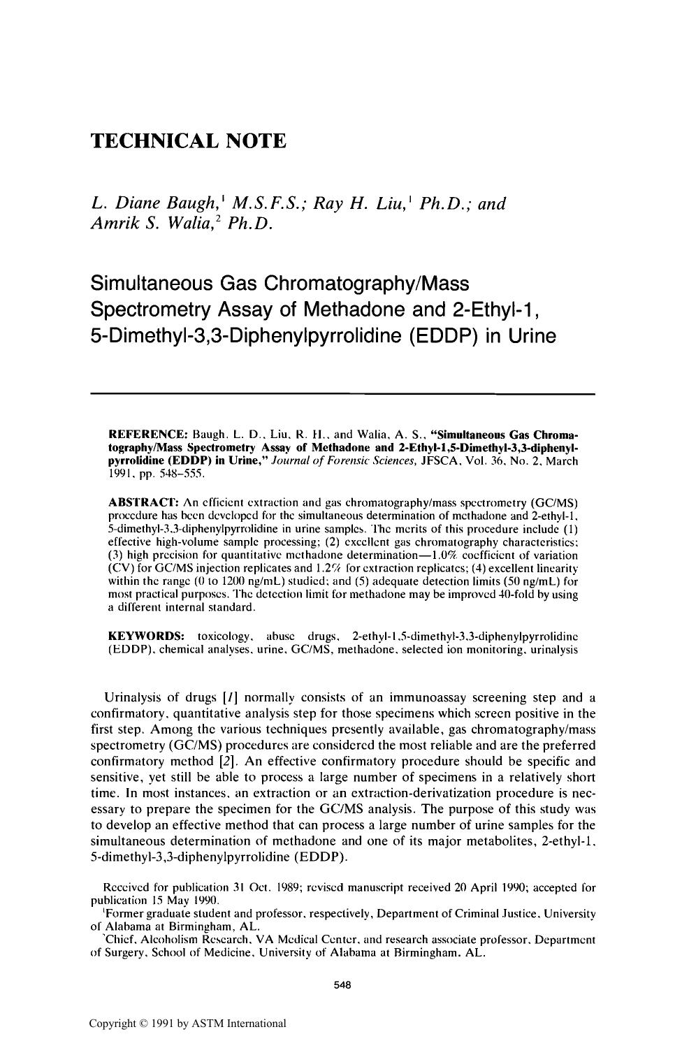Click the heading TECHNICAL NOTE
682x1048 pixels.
click(189, 141)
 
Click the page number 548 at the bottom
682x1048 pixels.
click(340, 985)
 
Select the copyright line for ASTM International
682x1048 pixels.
click(187, 1024)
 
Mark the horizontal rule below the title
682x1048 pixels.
click(342, 395)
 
